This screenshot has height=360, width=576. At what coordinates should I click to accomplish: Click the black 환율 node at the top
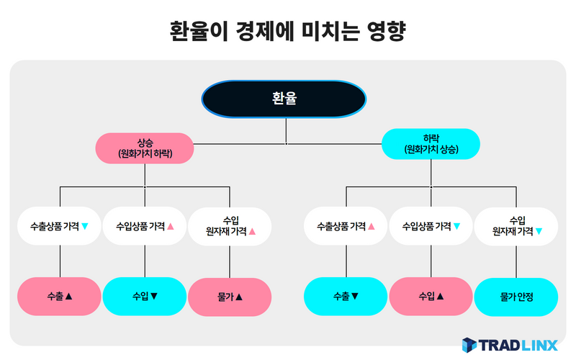[284, 99]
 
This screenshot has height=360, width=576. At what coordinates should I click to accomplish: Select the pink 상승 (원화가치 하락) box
[145, 148]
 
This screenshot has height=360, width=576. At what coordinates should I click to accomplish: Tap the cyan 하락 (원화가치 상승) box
[431, 143]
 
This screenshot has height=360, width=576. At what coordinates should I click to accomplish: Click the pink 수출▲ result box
[59, 296]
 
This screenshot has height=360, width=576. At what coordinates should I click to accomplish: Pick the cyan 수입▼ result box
[145, 296]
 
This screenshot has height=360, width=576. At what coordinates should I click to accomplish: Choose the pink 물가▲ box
[230, 297]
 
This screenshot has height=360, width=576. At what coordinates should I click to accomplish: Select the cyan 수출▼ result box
[346, 296]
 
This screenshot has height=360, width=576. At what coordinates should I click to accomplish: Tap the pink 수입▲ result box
[431, 296]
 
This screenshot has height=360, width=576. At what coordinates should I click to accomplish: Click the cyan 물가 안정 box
[516, 297]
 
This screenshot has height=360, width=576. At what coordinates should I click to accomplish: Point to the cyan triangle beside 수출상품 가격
[85, 226]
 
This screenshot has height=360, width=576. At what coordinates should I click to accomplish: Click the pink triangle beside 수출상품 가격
[372, 226]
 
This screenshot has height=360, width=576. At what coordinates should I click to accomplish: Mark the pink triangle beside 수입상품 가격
[171, 226]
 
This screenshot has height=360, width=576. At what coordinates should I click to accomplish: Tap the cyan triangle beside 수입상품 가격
[456, 226]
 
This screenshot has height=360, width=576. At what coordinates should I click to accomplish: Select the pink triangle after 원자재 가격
[252, 231]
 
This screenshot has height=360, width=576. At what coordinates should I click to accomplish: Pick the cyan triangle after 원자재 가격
[539, 231]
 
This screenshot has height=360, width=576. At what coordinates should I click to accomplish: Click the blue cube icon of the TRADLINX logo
[469, 345]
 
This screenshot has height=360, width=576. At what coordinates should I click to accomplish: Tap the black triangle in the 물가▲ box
[239, 297]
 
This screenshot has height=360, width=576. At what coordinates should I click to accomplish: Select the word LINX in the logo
[539, 346]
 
